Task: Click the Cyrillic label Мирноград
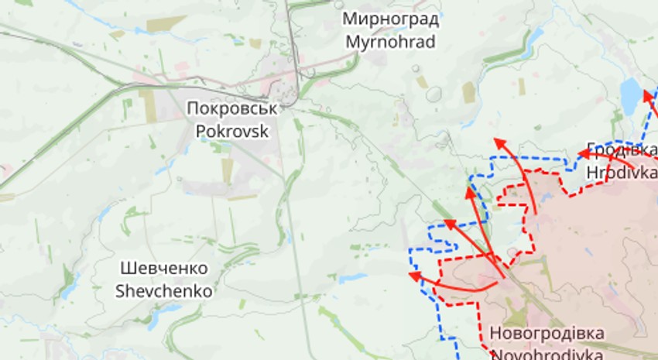click(x=391, y=19)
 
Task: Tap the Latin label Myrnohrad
click(x=391, y=41)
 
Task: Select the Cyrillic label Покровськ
click(x=231, y=108)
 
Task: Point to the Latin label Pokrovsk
click(x=231, y=131)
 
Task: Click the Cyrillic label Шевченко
click(x=164, y=269)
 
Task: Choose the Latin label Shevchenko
click(x=164, y=291)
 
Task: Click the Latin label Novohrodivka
click(x=547, y=354)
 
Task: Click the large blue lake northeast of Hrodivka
click(x=632, y=94)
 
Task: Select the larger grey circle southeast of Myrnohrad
click(x=433, y=94)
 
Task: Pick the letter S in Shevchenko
click(x=120, y=291)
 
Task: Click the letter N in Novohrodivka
click(x=496, y=354)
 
